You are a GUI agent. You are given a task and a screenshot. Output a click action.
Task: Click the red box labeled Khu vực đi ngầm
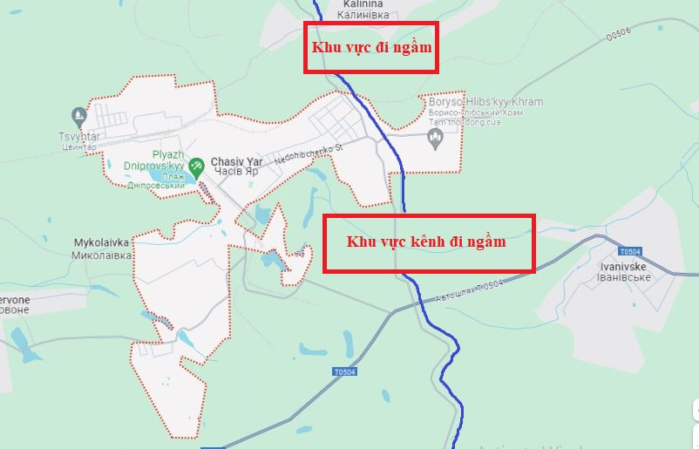370,47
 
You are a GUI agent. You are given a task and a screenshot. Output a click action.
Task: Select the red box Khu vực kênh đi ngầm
429,243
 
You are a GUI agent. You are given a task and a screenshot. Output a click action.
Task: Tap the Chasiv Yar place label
236,161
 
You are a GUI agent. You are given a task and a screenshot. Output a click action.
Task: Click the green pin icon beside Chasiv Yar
197,163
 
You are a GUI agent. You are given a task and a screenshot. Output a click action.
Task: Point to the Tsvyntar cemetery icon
79,114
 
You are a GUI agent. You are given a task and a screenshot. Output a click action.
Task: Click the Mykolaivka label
101,242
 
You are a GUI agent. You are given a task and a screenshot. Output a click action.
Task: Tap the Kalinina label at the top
358,3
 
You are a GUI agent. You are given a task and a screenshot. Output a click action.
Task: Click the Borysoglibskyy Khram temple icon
438,137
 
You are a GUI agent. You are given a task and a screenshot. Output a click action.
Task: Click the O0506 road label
617,34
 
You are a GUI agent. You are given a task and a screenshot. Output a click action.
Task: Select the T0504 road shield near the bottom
345,372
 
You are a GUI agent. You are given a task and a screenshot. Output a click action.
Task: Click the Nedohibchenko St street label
309,154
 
